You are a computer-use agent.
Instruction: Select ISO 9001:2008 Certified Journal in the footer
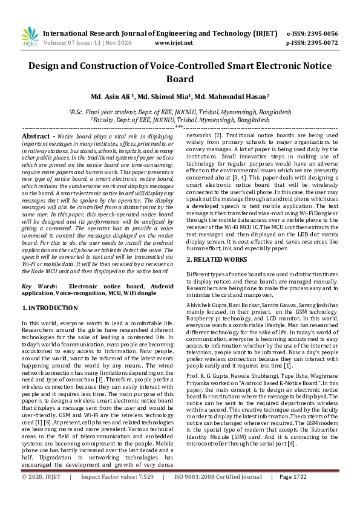218,493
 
